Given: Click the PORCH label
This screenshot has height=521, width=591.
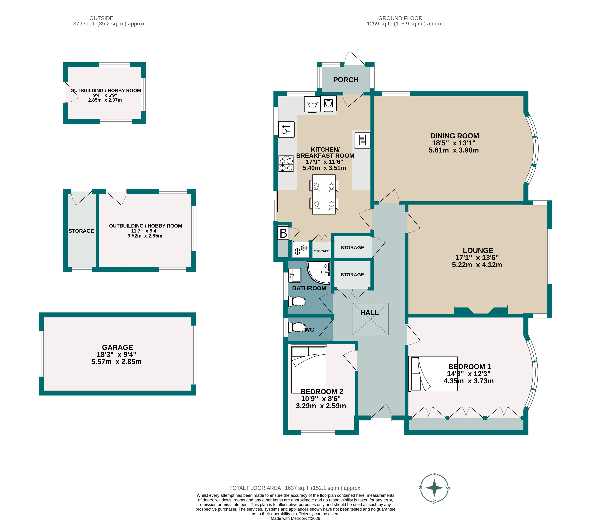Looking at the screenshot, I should [345, 80].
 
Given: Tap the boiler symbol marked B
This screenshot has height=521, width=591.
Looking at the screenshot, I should [283, 233].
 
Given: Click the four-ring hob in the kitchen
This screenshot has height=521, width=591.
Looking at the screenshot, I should [286, 164].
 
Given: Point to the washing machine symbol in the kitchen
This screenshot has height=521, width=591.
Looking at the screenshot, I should [312, 104].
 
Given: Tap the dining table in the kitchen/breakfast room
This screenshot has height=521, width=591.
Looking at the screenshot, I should [324, 194].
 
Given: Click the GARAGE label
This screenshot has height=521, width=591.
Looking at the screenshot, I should [117, 347].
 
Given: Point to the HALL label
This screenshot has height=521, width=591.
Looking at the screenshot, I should [369, 313].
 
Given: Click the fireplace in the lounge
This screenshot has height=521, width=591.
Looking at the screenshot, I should [481, 310].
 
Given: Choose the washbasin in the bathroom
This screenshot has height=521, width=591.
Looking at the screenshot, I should [295, 275].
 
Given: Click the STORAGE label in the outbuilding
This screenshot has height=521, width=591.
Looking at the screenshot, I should [81, 231].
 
